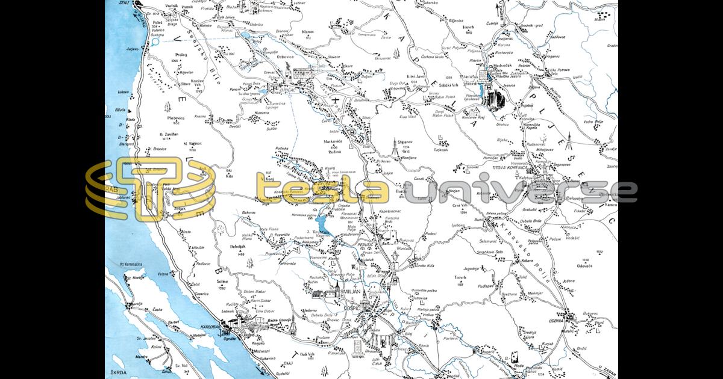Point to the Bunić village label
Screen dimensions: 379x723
[x=480, y=221]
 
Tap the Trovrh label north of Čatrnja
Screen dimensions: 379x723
[x=469, y=27]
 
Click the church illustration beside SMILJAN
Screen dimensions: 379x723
[x=331, y=293]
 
